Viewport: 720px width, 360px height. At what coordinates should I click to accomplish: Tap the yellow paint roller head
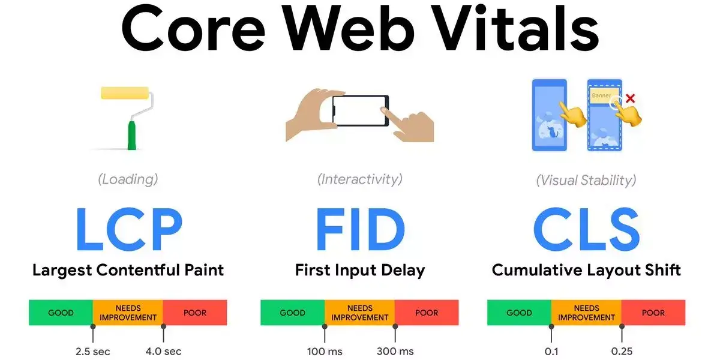(125, 93)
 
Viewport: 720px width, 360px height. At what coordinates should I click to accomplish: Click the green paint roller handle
(132, 136)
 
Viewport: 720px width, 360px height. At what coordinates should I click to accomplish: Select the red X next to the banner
(630, 98)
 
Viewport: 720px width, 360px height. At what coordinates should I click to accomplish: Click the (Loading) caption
(128, 179)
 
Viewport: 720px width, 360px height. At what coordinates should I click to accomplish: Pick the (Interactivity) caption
(359, 179)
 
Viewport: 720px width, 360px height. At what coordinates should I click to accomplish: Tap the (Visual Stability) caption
(586, 181)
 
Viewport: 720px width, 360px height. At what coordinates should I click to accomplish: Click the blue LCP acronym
(129, 229)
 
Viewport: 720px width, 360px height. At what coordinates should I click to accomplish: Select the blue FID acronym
(361, 229)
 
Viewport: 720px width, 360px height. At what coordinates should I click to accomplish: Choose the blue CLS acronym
(586, 229)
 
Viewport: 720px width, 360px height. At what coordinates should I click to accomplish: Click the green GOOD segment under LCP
(61, 313)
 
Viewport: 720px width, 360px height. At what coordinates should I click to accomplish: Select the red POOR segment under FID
(427, 313)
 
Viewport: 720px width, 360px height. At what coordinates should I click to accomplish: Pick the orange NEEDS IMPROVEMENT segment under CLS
(586, 313)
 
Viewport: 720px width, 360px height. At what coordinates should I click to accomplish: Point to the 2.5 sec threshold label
(92, 352)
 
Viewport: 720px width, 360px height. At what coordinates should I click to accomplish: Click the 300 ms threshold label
(395, 352)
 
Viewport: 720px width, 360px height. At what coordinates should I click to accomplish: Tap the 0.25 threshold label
(622, 352)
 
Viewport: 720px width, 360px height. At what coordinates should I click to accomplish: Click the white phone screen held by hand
(359, 110)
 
